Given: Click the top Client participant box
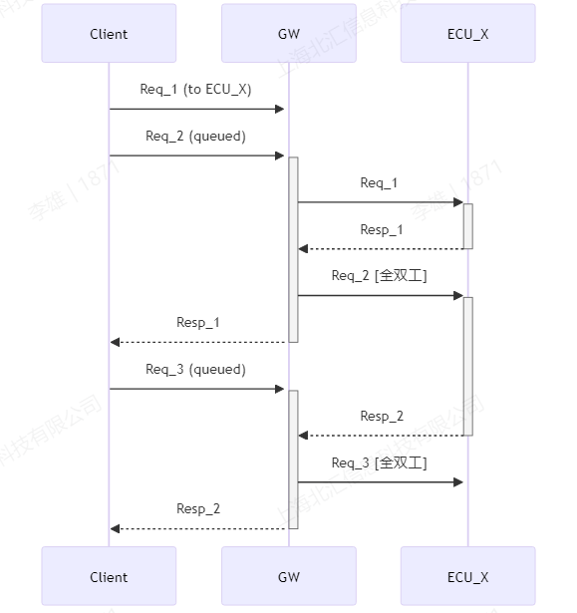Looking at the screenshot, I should (x=109, y=34).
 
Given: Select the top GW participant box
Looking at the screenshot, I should (x=289, y=34).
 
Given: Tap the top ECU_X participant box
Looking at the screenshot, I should (x=467, y=34).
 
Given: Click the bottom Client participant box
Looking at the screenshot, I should (x=109, y=576).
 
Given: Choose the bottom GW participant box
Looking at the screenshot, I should (x=289, y=576).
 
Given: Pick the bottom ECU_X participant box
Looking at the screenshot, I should (x=467, y=576).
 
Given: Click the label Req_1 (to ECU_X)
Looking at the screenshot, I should (x=195, y=90).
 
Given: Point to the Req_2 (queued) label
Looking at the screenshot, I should (x=195, y=137).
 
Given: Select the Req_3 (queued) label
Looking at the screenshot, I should (x=195, y=370).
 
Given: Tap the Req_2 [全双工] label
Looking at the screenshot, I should (x=379, y=276).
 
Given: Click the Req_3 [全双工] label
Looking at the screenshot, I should (x=379, y=462).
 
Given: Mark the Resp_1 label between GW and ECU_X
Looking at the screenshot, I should (x=381, y=229).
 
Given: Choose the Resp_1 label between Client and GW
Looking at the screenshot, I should (x=198, y=323).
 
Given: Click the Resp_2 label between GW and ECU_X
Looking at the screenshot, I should (x=381, y=416).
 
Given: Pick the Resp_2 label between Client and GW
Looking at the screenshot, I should (x=198, y=509).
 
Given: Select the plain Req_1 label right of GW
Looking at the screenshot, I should (x=379, y=183).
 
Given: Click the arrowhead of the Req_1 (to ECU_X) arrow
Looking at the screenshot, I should (x=279, y=109).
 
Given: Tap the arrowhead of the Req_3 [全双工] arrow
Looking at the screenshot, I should (x=458, y=482).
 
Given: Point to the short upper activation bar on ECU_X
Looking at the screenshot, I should (x=467, y=226).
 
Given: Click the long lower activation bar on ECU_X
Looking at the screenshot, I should (x=467, y=366).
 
